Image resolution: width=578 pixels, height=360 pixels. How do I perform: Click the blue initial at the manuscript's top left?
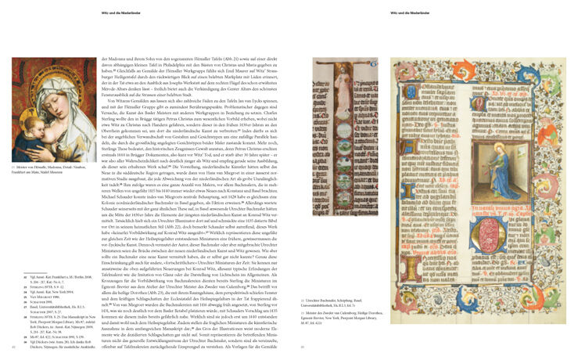(x=407, y=74)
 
